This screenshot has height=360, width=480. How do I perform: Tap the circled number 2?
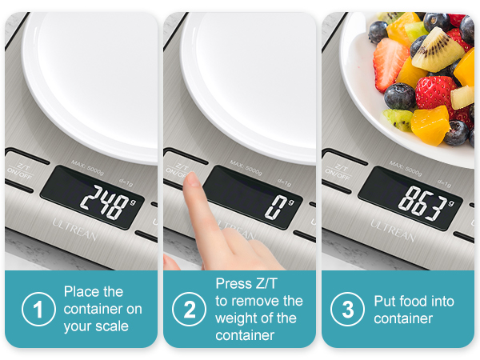(190, 310)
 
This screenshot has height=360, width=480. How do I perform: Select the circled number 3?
(348, 310)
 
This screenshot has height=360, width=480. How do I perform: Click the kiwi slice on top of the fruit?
(438, 50)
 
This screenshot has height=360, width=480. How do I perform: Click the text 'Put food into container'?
(414, 310)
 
